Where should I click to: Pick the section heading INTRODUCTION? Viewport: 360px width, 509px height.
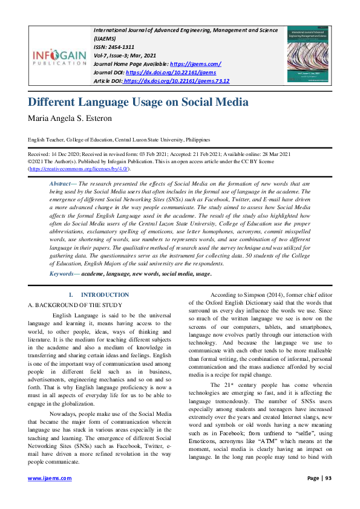105,294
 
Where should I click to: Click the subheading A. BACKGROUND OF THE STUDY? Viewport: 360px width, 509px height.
75,305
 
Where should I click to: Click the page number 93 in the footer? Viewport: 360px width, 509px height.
329,494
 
